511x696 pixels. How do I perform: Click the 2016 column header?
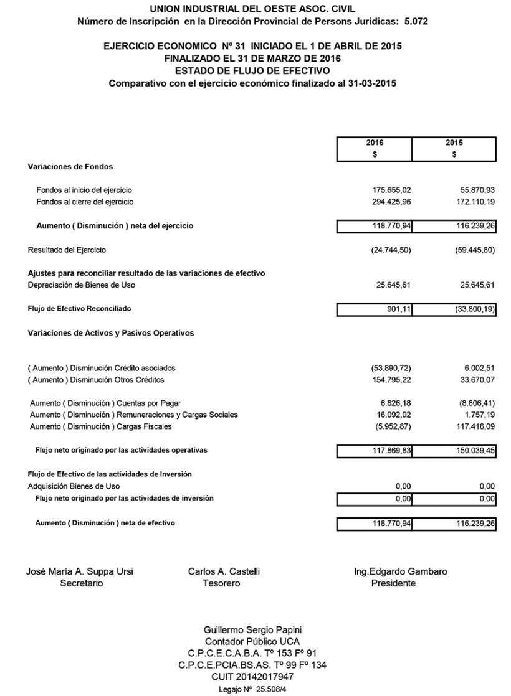pyautogui.click(x=375, y=143)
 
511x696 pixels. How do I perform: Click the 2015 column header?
pyautogui.click(x=454, y=143)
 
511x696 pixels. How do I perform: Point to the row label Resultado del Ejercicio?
pyautogui.click(x=67, y=250)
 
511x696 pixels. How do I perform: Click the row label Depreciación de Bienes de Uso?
pyautogui.click(x=81, y=285)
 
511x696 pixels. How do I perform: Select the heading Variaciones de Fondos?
pyautogui.click(x=70, y=166)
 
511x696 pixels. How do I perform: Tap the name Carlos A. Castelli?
pyautogui.click(x=224, y=571)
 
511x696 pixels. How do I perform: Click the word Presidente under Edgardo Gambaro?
pyautogui.click(x=393, y=583)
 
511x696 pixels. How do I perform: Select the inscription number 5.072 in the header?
pyautogui.click(x=416, y=21)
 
